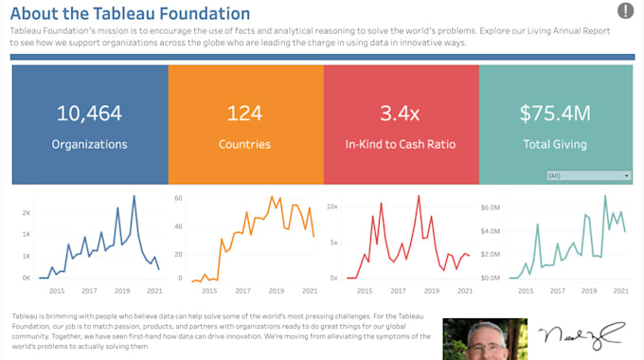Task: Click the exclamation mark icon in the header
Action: [x=625, y=11]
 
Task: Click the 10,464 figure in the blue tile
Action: [x=89, y=114]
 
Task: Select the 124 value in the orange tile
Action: [x=244, y=114]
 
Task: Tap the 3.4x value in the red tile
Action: [x=400, y=114]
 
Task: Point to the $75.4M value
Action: [x=555, y=114]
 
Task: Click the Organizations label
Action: [x=89, y=145]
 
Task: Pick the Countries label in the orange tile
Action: [x=244, y=145]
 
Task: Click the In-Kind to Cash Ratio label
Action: [x=400, y=145]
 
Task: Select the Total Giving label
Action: [x=555, y=145]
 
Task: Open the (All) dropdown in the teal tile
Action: [x=588, y=176]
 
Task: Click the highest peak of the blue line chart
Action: [x=134, y=196]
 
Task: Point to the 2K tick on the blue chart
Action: [x=27, y=212]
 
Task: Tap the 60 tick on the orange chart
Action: [x=177, y=199]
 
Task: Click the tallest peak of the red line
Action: [x=418, y=196]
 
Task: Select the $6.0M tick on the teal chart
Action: [x=490, y=206]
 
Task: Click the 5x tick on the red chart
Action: [x=333, y=243]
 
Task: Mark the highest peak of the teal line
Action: [x=605, y=196]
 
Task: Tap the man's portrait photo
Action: [x=484, y=339]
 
